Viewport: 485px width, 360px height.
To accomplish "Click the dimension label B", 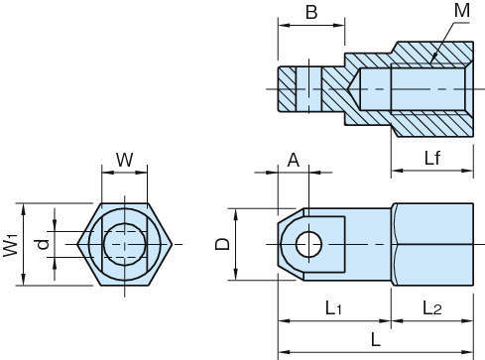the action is tap(311, 12).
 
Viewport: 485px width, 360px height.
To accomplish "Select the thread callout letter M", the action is tap(462, 10).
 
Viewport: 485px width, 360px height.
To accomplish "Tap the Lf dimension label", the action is tap(432, 158).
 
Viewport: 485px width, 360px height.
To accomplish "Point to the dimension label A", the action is tap(294, 161).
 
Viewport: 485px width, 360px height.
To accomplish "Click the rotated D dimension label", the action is tap(222, 244).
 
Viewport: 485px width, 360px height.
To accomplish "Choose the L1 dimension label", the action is tap(333, 308).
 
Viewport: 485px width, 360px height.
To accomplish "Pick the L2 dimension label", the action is tap(432, 308).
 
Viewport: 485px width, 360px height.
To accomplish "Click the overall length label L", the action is tap(376, 339).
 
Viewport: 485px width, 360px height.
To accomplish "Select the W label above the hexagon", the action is tap(124, 160).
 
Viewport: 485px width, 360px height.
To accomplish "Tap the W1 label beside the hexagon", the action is tap(11, 245).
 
